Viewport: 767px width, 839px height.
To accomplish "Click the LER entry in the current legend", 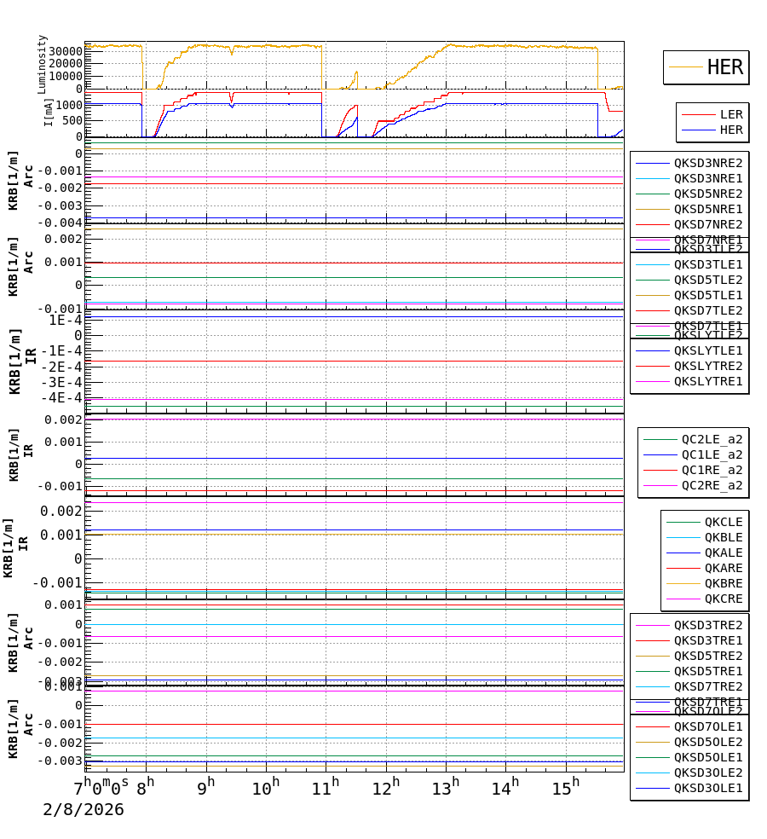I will pos(731,114).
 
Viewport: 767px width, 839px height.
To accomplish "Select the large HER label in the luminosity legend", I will pos(724,67).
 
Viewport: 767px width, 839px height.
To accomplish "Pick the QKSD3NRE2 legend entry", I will pos(708,163).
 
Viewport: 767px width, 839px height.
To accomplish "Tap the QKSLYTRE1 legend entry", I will pos(708,381).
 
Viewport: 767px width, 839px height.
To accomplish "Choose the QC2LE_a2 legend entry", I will pos(712,439).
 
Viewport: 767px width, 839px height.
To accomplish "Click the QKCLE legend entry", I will pos(723,522).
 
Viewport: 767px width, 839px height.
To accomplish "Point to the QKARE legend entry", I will pos(723,568).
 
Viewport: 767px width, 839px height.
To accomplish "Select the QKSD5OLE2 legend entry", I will pos(708,742).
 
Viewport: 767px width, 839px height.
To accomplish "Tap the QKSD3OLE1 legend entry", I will pos(708,788).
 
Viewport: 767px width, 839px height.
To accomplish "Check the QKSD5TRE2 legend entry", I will pos(708,656).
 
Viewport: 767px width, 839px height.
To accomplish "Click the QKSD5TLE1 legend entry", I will pos(708,295).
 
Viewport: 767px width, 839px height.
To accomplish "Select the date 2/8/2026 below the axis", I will pos(84,809).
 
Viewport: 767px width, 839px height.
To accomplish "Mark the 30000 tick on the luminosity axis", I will pos(66,51).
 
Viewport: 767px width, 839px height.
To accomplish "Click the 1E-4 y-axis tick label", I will pos(66,320).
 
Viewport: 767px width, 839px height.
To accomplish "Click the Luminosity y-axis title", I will pos(43,64).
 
